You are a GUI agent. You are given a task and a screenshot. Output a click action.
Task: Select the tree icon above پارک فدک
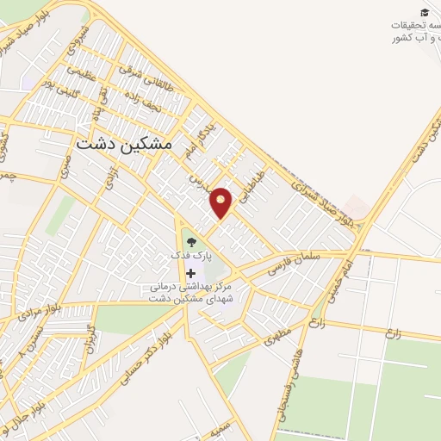(190, 242)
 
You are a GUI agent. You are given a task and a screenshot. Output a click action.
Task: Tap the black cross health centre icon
(190, 274)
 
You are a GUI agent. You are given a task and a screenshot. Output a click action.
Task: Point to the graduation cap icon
(424, 11)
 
